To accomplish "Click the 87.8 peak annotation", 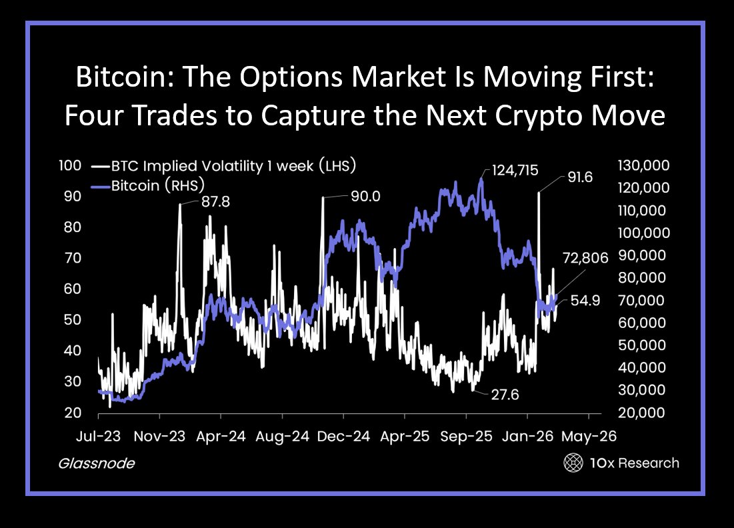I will pyautogui.click(x=215, y=201).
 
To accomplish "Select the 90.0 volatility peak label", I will pyautogui.click(x=365, y=196).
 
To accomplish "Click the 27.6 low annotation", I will pyautogui.click(x=505, y=395).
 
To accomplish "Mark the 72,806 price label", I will pyautogui.click(x=585, y=258).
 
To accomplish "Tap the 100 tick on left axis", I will pyautogui.click(x=70, y=165).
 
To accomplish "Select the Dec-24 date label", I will pyautogui.click(x=343, y=437).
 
